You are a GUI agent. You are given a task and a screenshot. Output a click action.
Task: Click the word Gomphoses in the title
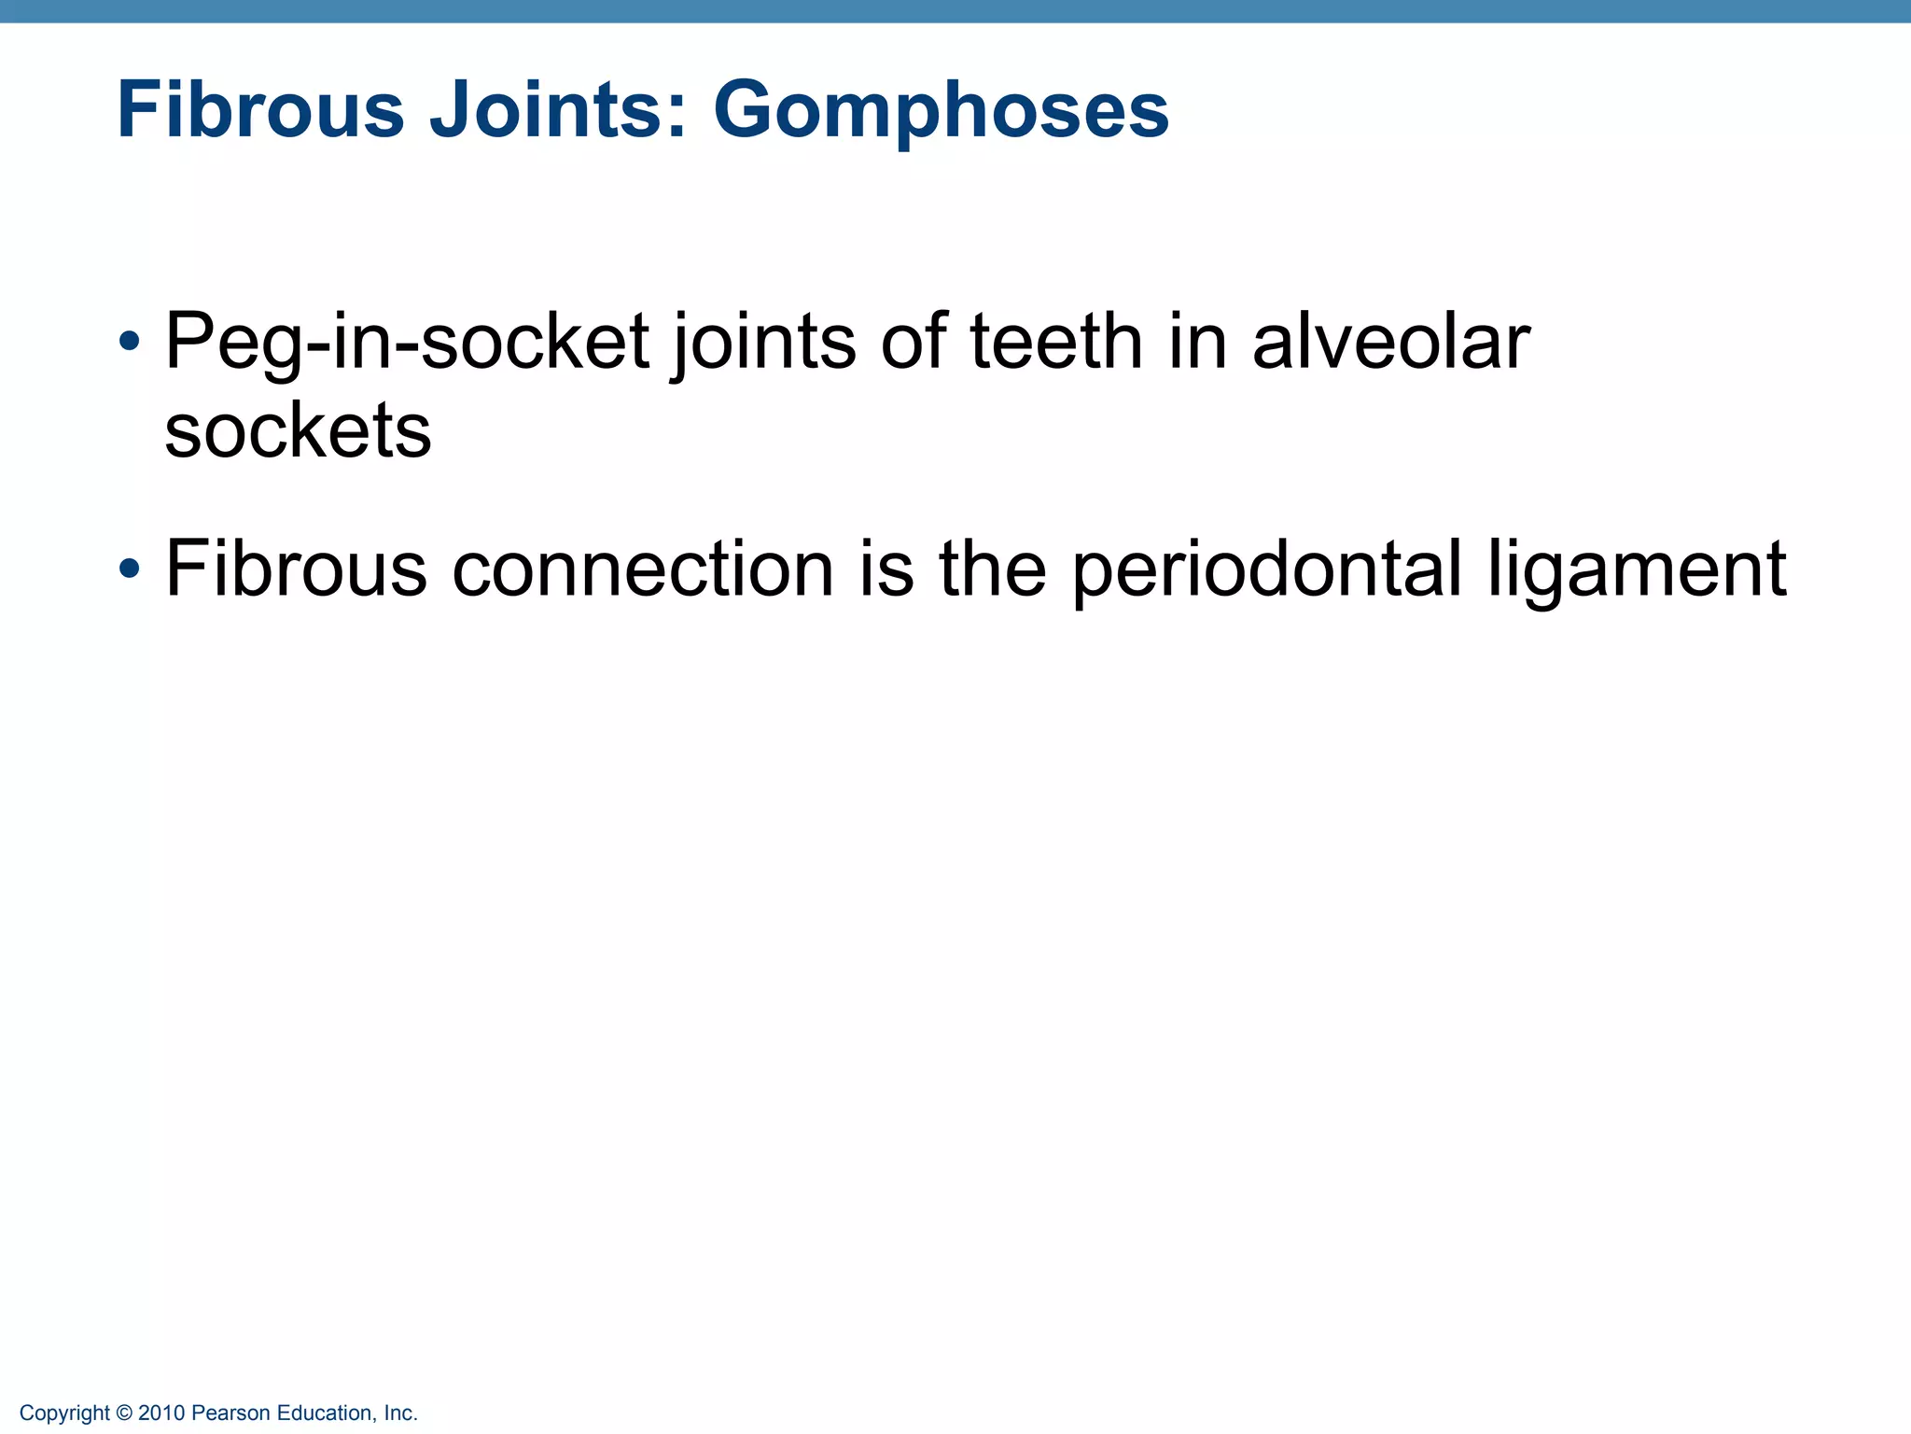tap(941, 111)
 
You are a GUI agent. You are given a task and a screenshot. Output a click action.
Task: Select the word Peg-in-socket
tap(407, 343)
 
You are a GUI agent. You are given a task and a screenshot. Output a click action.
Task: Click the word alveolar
tap(1390, 341)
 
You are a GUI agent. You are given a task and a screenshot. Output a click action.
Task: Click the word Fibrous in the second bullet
tap(296, 569)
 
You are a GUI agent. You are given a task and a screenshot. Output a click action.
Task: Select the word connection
tap(643, 569)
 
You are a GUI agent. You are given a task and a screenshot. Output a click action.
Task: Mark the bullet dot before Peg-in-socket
tap(130, 341)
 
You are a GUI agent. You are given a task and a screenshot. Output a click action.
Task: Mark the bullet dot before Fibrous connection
tap(130, 568)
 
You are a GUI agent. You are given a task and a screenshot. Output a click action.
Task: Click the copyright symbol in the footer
tap(124, 1413)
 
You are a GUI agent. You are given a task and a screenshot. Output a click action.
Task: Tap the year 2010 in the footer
tap(161, 1413)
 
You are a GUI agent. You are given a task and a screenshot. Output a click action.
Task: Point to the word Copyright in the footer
tap(64, 1413)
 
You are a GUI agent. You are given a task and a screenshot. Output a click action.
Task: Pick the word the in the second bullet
tap(993, 569)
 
